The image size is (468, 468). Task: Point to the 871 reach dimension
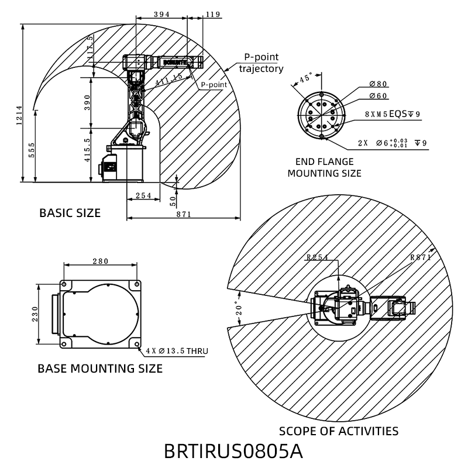click(x=183, y=214)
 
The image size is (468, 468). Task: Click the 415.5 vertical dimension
click(x=87, y=150)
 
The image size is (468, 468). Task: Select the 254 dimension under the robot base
click(x=143, y=195)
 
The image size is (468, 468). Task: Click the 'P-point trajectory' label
click(x=261, y=63)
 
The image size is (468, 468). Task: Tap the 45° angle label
click(x=305, y=78)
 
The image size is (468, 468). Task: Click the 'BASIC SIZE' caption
click(x=70, y=212)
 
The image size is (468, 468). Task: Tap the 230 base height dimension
click(x=35, y=314)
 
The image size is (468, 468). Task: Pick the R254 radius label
click(x=318, y=256)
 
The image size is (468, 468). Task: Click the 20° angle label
click(x=238, y=308)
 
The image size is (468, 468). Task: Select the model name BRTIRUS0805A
click(x=233, y=452)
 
